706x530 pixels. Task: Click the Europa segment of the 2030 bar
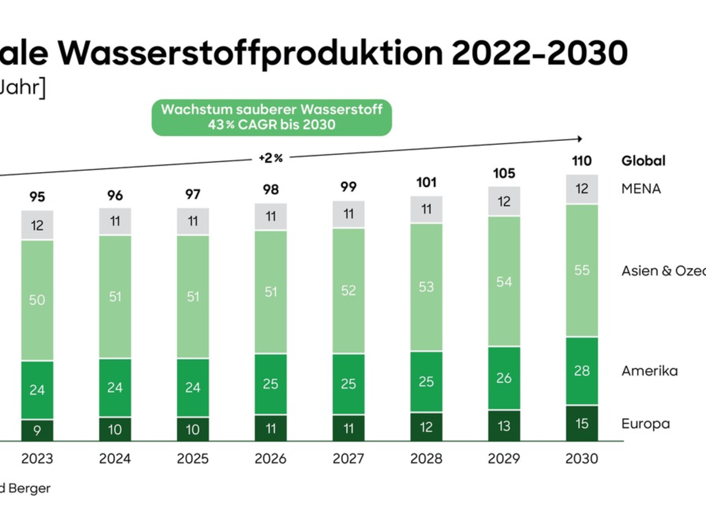pyautogui.click(x=582, y=423)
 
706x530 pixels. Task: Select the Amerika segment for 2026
pyautogui.click(x=271, y=384)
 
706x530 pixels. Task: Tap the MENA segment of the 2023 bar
pyautogui.click(x=37, y=225)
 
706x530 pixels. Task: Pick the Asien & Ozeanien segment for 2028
pyautogui.click(x=427, y=287)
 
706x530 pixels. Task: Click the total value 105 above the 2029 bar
pyautogui.click(x=504, y=173)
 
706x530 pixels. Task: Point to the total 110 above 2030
pyautogui.click(x=581, y=161)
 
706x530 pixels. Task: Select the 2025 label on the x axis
pyautogui.click(x=192, y=459)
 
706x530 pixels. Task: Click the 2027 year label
pyautogui.click(x=348, y=459)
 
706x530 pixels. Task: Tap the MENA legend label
pyautogui.click(x=641, y=189)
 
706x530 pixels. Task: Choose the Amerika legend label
pyautogui.click(x=650, y=371)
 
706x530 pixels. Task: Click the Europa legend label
pyautogui.click(x=645, y=423)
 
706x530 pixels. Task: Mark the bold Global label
pyautogui.click(x=644, y=161)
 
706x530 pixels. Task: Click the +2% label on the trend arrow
pyautogui.click(x=271, y=158)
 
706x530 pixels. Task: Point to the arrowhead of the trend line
pyautogui.click(x=580, y=139)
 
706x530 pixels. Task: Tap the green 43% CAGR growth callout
pyautogui.click(x=272, y=117)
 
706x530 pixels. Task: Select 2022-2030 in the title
pyautogui.click(x=541, y=54)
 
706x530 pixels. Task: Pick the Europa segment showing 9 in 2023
pyautogui.click(x=37, y=430)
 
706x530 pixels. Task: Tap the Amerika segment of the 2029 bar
pyautogui.click(x=504, y=378)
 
